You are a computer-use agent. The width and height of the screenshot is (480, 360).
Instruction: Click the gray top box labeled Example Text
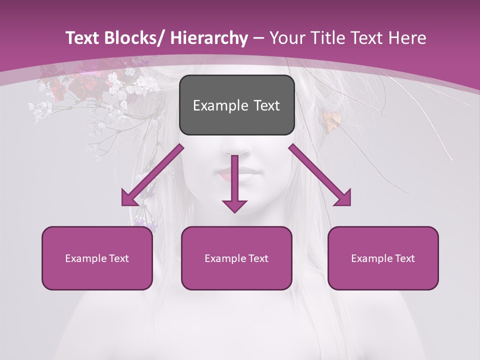(x=236, y=105)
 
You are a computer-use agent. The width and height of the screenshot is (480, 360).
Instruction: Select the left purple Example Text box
(x=97, y=258)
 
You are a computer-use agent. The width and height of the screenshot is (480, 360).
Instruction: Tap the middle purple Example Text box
(x=236, y=258)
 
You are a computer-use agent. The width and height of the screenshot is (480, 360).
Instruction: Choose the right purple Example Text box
(x=383, y=258)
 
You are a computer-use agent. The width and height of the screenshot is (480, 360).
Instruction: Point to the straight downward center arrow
(x=234, y=185)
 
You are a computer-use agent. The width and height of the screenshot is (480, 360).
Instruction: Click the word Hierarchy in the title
(x=209, y=38)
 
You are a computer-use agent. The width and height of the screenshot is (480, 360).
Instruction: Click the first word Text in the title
(x=82, y=38)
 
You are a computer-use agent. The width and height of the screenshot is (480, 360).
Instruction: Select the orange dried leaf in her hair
(x=331, y=121)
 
